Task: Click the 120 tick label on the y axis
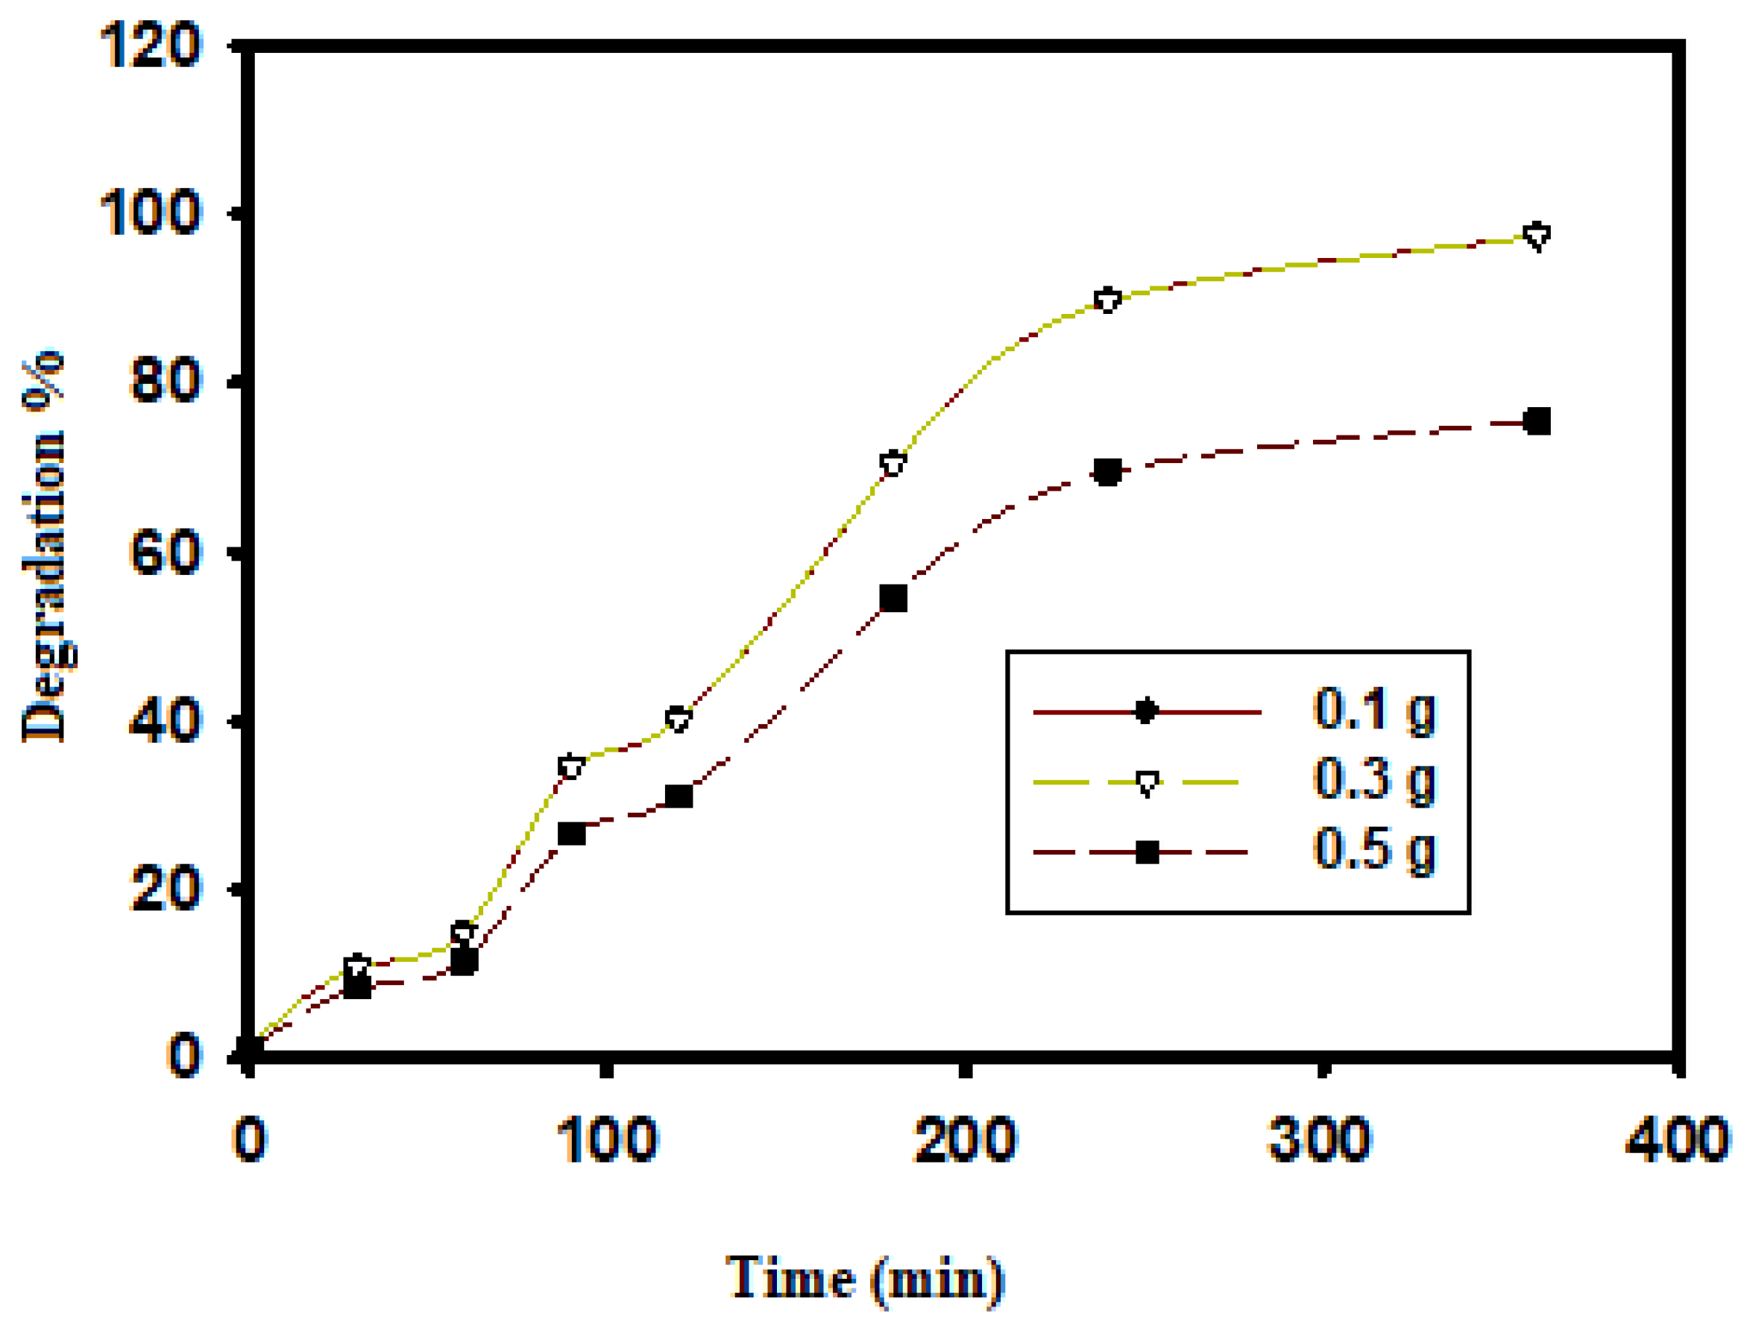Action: pyautogui.click(x=150, y=45)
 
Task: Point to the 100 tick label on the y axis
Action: pyautogui.click(x=150, y=213)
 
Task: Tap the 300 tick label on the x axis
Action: pyautogui.click(x=1319, y=1140)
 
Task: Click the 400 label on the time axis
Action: pyautogui.click(x=1677, y=1140)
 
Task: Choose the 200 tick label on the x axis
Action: pyautogui.click(x=964, y=1140)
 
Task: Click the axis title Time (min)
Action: pyautogui.click(x=864, y=1277)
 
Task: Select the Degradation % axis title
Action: pyautogui.click(x=44, y=545)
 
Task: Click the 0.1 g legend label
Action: pyautogui.click(x=1373, y=709)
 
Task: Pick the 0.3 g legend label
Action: pyautogui.click(x=1373, y=779)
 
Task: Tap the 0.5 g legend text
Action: pyautogui.click(x=1373, y=850)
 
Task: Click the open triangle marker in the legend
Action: pyautogui.click(x=1147, y=783)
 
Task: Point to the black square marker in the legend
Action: pyautogui.click(x=1147, y=852)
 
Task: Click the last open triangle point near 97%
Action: pyautogui.click(x=1537, y=236)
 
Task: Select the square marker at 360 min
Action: pyautogui.click(x=1537, y=421)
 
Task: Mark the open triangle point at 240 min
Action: pyautogui.click(x=1108, y=300)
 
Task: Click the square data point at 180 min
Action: pyautogui.click(x=893, y=599)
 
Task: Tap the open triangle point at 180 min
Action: pyautogui.click(x=893, y=463)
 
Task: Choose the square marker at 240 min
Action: pyautogui.click(x=1108, y=472)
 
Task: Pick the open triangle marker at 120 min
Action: pyautogui.click(x=678, y=719)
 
